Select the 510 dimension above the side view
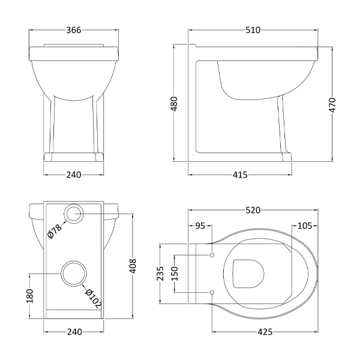tap(253, 31)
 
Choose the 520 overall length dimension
tap(253, 211)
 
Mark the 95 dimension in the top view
tap(200, 226)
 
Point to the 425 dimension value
tap(264, 331)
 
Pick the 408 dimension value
tap(133, 265)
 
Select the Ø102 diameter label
tap(93, 297)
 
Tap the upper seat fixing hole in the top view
tap(212, 256)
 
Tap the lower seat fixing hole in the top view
tap(212, 292)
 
